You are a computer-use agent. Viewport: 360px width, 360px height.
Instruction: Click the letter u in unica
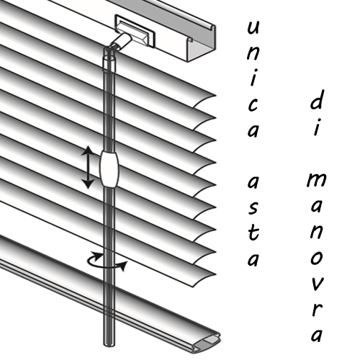(253, 27)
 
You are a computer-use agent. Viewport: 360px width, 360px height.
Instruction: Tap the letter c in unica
(253, 105)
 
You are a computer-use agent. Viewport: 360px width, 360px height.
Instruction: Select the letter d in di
(316, 99)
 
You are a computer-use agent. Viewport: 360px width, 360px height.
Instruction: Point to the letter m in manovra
(316, 180)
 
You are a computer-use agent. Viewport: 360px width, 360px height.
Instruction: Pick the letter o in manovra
(316, 258)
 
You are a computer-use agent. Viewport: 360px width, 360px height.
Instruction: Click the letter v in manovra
(317, 284)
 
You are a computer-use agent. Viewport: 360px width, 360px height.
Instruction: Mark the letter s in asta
(253, 207)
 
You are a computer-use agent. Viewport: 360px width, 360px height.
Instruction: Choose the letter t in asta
(253, 232)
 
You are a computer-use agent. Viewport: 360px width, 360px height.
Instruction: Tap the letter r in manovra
(316, 310)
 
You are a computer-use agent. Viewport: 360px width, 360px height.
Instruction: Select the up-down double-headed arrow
(88, 167)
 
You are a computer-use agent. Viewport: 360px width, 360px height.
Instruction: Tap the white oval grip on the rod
(109, 168)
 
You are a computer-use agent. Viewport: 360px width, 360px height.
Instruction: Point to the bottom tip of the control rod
(109, 346)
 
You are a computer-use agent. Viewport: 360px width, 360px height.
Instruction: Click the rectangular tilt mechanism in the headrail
(135, 31)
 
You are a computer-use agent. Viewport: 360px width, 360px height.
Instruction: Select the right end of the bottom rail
(207, 343)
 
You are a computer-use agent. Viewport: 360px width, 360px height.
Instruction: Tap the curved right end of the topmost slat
(204, 101)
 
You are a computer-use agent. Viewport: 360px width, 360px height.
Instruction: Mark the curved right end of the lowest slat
(204, 280)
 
